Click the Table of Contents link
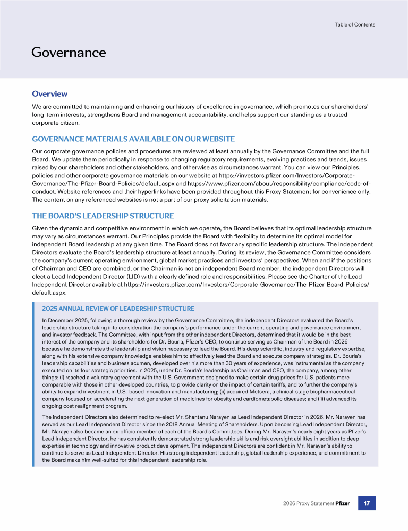[x=355, y=24]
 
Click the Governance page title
[x=69, y=52]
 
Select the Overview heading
[x=49, y=94]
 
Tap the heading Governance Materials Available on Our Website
[x=133, y=139]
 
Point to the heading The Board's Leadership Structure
[x=103, y=216]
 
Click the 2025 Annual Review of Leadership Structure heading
[x=118, y=309]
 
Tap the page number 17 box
[x=367, y=503]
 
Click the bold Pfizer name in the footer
[x=342, y=503]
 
